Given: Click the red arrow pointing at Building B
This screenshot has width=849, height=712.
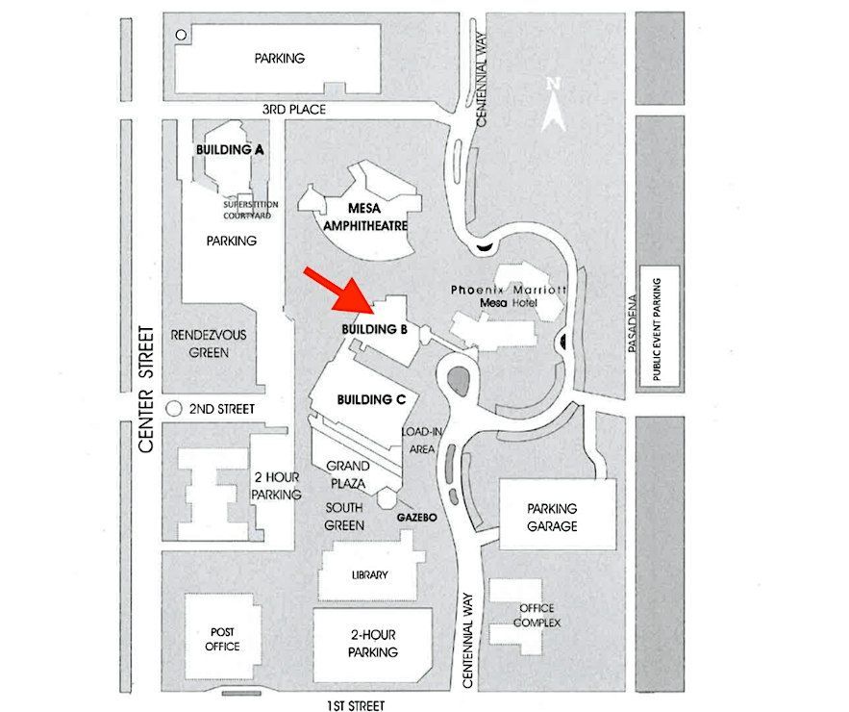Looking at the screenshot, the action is pos(339,291).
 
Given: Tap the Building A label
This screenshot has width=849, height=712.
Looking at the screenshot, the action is pos(230,149).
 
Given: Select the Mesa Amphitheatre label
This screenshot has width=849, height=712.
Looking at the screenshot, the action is pos(365,216).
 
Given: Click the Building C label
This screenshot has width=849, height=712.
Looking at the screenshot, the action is pos(371,400).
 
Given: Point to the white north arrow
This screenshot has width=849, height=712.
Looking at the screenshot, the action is pos(554,106).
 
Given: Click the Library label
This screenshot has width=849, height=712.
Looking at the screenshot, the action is pos(370,575).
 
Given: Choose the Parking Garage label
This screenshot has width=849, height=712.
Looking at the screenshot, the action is pos(552,517).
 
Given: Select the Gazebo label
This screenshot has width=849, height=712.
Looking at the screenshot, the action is pos(416,518).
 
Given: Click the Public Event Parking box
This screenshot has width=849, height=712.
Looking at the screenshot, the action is pos(660,326).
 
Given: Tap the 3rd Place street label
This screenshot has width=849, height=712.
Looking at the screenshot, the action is pos(294,110).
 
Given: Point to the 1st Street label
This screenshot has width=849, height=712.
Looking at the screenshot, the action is pos(356,705).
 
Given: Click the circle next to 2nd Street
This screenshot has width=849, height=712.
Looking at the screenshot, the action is pos(174,409).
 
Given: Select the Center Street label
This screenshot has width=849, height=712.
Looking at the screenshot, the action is pos(146,389).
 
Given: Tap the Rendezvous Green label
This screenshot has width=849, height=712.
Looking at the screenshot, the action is pos(209,343).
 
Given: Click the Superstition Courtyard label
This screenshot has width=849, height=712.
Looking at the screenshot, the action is pos(251,210).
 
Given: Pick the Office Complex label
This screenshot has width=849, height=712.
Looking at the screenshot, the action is pos(537,616).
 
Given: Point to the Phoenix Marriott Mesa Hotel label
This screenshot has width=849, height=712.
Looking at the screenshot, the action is pos(509,296).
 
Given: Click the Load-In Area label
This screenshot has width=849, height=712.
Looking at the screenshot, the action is pos(421,440).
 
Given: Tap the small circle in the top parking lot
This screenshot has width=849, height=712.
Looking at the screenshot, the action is pos(182,35).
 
